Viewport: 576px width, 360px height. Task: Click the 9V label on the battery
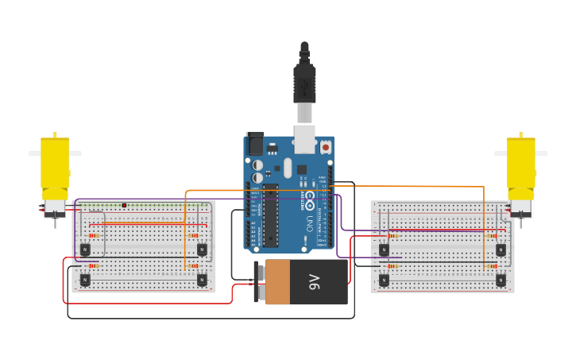314,281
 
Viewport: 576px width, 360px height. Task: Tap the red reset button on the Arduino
325,147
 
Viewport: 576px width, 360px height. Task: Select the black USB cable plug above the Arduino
304,83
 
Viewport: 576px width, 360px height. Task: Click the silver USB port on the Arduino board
304,137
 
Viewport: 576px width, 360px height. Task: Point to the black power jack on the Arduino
255,143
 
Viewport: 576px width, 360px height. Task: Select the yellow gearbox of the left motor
55,167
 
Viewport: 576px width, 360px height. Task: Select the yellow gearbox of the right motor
520,167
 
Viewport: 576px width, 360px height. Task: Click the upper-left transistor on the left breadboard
85,250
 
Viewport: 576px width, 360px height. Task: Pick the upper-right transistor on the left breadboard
202,250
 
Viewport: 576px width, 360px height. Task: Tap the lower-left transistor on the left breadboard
85,280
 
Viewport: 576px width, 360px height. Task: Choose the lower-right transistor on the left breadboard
202,280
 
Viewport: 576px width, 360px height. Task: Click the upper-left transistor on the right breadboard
384,250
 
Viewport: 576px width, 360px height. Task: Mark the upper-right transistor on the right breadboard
501,250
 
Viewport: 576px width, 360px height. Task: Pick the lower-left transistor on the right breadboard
384,280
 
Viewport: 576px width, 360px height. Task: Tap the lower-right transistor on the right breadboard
501,280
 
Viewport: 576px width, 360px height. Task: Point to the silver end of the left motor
55,207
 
